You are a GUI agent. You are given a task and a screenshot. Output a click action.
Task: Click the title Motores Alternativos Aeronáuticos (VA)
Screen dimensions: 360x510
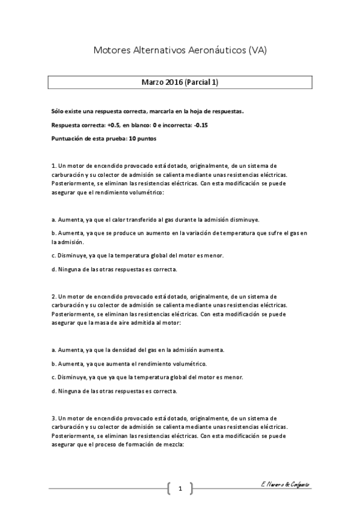180,52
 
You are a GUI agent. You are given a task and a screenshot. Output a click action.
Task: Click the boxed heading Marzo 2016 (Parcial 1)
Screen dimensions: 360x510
180,82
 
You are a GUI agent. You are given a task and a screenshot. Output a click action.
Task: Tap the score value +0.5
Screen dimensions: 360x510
113,125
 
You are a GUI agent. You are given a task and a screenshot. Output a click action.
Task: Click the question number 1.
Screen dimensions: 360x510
54,165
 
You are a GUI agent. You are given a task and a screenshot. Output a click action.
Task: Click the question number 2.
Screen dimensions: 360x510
54,296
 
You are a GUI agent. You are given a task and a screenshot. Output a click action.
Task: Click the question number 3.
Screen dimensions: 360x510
54,417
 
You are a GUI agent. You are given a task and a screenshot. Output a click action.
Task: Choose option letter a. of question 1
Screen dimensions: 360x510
53,219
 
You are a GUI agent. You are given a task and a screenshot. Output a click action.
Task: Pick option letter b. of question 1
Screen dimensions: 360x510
53,232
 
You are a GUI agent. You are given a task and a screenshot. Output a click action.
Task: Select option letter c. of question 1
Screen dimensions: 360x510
53,255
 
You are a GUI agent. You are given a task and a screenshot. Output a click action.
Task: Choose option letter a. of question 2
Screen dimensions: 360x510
53,350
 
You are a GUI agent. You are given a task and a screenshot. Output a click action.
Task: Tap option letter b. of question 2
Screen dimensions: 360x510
53,363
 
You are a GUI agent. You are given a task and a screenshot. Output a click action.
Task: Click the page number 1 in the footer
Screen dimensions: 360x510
180,488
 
